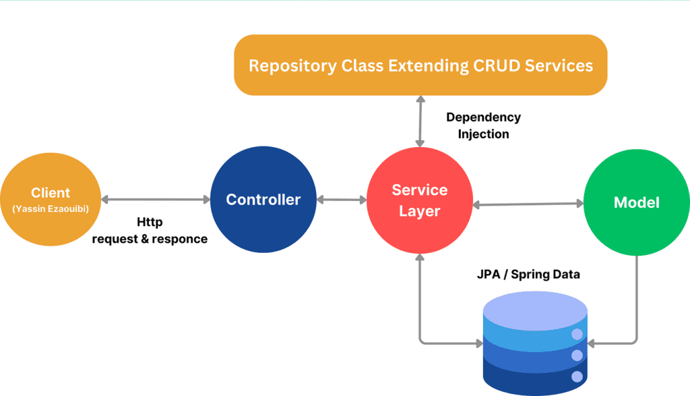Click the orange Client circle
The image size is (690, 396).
coord(51,199)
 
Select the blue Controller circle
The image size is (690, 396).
coord(263,200)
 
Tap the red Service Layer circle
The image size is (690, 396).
coord(420,200)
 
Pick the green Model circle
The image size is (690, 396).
coord(636,202)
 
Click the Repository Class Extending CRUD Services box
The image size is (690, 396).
coord(420,65)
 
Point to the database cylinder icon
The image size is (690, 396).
coord(535,343)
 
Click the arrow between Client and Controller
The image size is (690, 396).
coord(156,200)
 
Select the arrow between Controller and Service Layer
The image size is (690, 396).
coord(342,200)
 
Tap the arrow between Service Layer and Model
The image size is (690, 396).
coord(528,204)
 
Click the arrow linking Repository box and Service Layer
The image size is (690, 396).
coord(420,121)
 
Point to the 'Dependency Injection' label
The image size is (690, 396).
coord(483,125)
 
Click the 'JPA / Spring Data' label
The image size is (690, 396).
coord(528,275)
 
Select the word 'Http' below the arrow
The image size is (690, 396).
coord(150,221)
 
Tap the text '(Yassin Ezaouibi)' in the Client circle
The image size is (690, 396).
coord(51,208)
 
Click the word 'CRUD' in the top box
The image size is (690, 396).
coord(497,65)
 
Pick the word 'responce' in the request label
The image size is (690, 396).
coord(179,239)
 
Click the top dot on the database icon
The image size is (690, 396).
coord(577,335)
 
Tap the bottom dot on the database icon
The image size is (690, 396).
coord(577,376)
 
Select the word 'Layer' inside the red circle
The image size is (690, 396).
coord(419,211)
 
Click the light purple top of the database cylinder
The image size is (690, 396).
coord(535,310)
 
